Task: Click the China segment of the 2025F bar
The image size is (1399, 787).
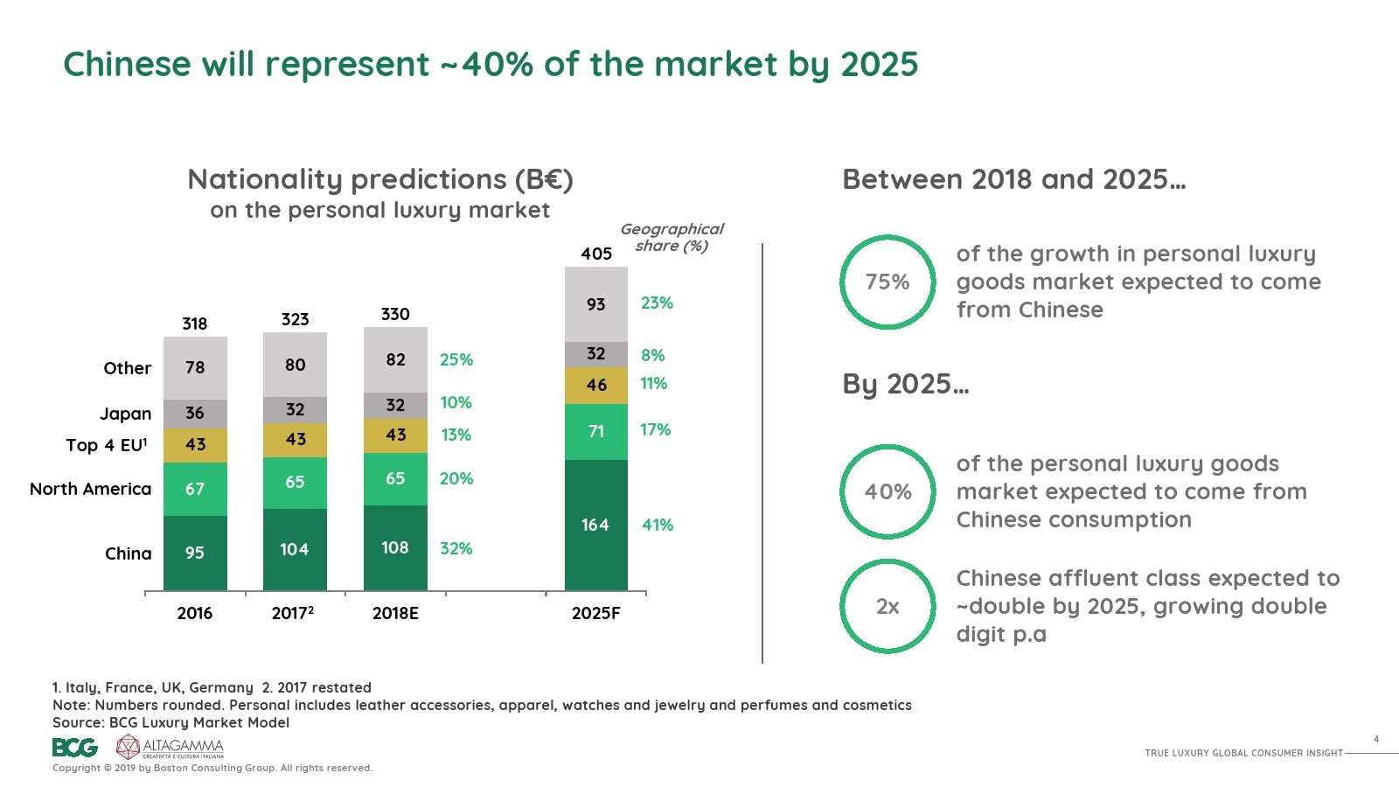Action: [x=596, y=525]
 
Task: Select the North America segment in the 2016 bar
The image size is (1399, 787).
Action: [x=195, y=489]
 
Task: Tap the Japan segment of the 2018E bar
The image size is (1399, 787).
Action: [x=395, y=405]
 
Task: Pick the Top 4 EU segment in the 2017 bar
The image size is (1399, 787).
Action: [x=296, y=440]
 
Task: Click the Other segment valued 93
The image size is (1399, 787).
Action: [x=596, y=304]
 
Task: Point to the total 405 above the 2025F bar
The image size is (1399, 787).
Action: [x=596, y=254]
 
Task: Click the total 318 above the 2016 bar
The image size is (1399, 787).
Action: [x=195, y=324]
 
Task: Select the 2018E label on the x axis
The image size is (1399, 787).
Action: [x=395, y=613]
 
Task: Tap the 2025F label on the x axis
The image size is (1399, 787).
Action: [x=596, y=613]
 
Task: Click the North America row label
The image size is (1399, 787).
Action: [x=91, y=489]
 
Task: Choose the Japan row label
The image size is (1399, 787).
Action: [x=125, y=414]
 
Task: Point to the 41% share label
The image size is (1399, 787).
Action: [x=658, y=525]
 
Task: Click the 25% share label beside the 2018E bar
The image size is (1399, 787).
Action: [x=456, y=359]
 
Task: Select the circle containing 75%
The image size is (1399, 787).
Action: [x=887, y=282]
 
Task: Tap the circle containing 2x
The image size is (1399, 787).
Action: [x=887, y=606]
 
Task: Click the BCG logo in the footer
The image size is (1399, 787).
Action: [x=74, y=748]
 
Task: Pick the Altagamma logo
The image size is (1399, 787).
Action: [x=171, y=747]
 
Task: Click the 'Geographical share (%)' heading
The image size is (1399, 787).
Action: [x=672, y=237]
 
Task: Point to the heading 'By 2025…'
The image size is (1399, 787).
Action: [x=905, y=384]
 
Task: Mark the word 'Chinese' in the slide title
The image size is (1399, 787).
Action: [x=127, y=65]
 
